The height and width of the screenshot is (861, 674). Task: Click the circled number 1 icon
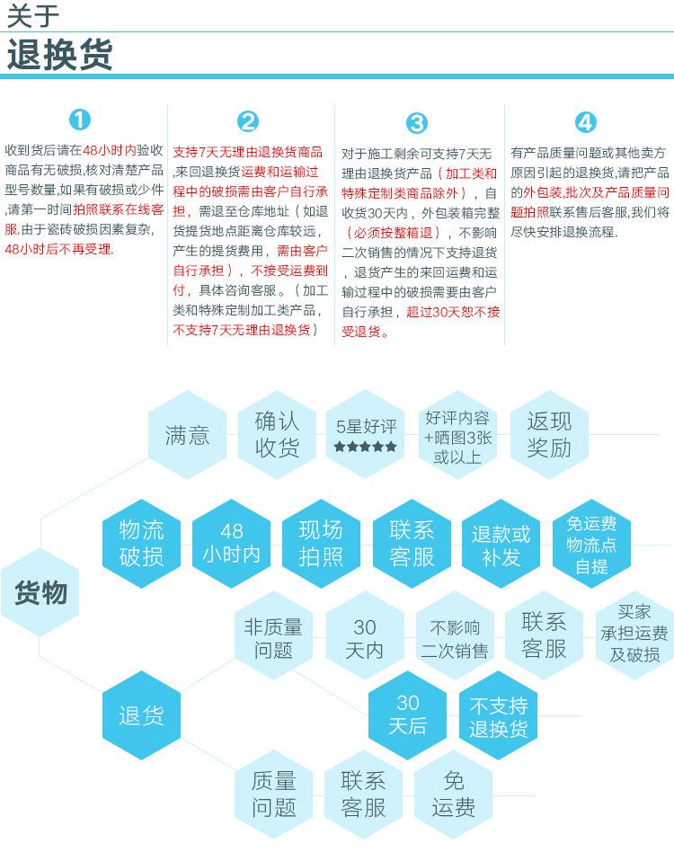(80, 120)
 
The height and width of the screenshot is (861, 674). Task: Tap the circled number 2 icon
(248, 121)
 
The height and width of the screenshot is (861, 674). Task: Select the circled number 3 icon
(417, 123)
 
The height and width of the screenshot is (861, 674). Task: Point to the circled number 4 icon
(586, 122)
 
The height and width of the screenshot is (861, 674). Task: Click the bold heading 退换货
(59, 54)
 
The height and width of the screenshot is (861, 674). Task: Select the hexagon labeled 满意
(187, 435)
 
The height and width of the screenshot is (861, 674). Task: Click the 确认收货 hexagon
(277, 435)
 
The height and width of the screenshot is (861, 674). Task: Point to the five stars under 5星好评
(366, 447)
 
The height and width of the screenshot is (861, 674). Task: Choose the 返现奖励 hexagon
(549, 435)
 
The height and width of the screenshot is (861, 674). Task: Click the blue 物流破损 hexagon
(141, 544)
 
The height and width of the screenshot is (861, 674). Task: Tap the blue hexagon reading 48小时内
(231, 544)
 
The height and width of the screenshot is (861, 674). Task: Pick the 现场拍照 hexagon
(321, 544)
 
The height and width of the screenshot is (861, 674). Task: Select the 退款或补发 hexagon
(501, 544)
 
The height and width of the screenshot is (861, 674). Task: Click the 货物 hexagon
(40, 592)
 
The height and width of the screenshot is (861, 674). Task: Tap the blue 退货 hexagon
(141, 715)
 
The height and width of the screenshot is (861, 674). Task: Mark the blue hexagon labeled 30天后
(407, 715)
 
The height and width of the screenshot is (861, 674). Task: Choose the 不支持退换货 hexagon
(498, 715)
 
